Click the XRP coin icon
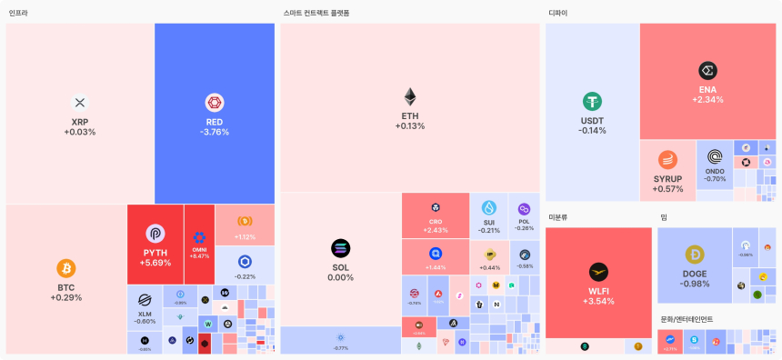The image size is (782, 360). pos(79,103)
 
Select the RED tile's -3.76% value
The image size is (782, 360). pos(215,132)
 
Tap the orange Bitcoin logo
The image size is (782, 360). pos(65,268)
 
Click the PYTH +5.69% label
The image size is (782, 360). pos(155,263)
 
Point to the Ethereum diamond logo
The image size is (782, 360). pos(410,97)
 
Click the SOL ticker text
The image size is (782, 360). pos(340,267)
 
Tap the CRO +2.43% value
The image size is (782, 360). pos(436,230)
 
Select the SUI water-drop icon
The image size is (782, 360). pos(489,208)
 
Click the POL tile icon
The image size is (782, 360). pos(524,210)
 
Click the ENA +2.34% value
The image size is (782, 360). pos(707,99)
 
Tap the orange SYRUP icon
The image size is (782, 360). pos(668,159)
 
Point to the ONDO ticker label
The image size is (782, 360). pos(715,171)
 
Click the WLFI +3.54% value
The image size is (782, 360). pos(598,301)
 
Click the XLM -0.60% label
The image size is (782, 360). pos(145,321)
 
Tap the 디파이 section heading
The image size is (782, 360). pos(558,13)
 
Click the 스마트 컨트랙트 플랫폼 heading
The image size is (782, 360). pos(316,13)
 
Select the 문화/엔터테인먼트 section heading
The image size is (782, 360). pos(687,319)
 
